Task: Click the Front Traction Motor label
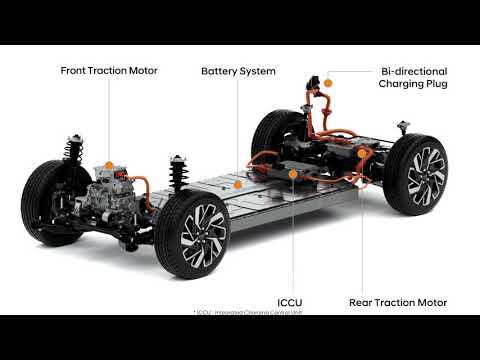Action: [109, 72]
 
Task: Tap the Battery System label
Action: [238, 72]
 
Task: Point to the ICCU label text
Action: [291, 301]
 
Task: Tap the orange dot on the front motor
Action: [109, 162]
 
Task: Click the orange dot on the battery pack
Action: [237, 184]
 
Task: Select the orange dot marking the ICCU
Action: [292, 174]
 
